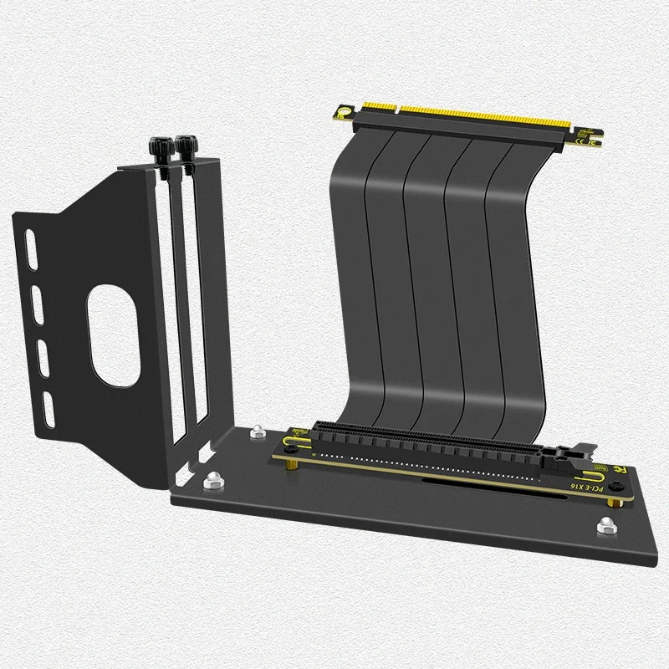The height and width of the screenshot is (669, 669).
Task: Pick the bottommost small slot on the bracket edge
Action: (x=49, y=406)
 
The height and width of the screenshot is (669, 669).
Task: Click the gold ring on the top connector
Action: (x=344, y=111)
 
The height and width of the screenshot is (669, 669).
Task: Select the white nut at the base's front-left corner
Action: (x=212, y=479)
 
